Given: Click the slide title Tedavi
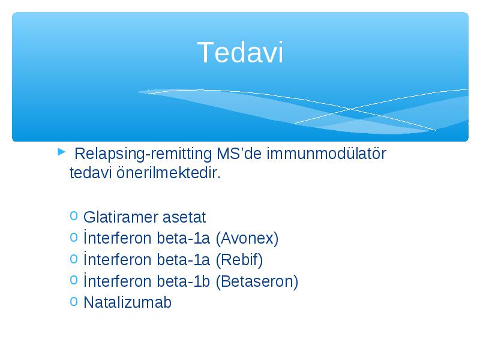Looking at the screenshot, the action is [x=241, y=53].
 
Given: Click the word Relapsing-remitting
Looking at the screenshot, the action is [x=143, y=154].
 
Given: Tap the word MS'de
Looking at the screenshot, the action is [x=239, y=154].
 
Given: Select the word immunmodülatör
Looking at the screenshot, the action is [x=326, y=154].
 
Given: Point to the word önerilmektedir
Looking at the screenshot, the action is [x=169, y=173].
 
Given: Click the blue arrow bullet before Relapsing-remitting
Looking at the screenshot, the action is [x=62, y=151].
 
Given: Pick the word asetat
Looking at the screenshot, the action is [x=184, y=217].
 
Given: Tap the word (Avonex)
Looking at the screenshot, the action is [x=247, y=238].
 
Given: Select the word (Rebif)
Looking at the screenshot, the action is [x=239, y=260].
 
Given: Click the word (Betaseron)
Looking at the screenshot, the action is [x=257, y=281].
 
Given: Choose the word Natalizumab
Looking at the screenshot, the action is [x=127, y=302].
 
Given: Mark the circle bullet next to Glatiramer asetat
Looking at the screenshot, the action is [x=73, y=216].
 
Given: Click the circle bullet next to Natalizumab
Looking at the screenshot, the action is [x=73, y=301].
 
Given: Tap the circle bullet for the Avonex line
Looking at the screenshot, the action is [x=73, y=237].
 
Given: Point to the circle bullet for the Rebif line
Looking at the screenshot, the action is [x=73, y=259].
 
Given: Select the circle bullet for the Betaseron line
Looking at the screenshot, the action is [x=73, y=280].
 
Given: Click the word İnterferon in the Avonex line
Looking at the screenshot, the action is [x=118, y=238].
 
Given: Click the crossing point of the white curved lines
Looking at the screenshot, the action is [x=351, y=109].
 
